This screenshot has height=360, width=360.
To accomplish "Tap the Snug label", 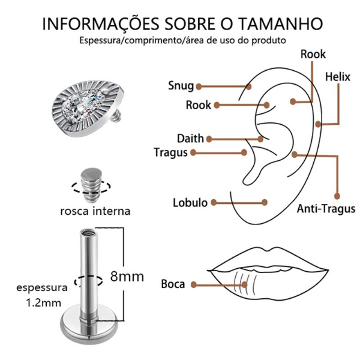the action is point(181,86).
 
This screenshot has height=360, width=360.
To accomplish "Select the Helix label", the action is point(337,76).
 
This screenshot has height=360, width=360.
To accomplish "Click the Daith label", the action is point(190,139).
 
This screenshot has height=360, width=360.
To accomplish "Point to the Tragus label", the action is point(171,153).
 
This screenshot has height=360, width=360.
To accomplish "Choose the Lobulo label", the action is point(190,203).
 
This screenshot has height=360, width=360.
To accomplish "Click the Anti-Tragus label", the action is point(326,209).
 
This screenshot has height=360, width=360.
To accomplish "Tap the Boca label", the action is point(173,284).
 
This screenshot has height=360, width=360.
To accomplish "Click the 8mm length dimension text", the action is point(127,276).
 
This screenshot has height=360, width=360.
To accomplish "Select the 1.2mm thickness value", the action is point(44,303).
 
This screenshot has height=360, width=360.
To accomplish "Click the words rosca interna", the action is point(95,211).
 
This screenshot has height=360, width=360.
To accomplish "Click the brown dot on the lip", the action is point(244,285).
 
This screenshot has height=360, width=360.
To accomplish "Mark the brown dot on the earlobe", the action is point(265,202).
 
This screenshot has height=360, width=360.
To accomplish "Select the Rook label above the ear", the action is point(313,54).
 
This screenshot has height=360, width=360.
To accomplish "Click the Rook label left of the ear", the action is point(198,105).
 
